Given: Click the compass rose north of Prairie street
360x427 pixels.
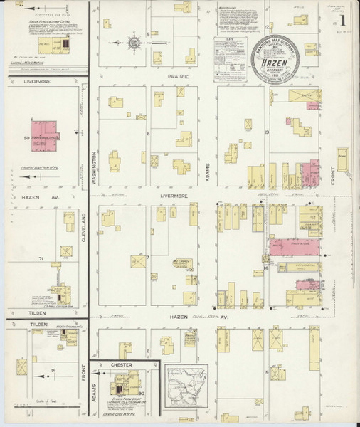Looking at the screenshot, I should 133,44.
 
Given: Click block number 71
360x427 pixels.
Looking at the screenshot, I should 42,259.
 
